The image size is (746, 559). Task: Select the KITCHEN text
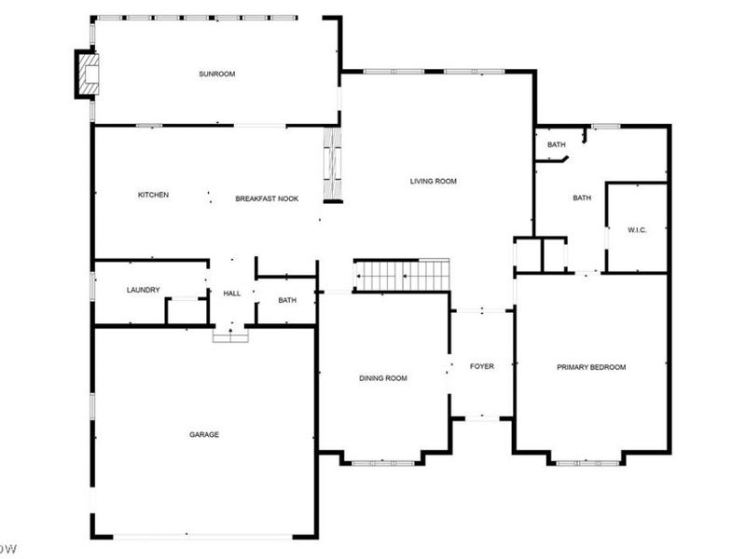pyautogui.click(x=153, y=195)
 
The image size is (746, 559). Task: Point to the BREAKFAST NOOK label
pyautogui.click(x=267, y=198)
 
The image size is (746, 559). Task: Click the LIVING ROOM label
pyautogui.click(x=434, y=181)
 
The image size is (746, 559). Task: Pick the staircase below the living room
pyautogui.click(x=402, y=276)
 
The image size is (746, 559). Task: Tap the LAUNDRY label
pyautogui.click(x=144, y=290)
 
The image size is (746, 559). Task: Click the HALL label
pyautogui.click(x=231, y=293)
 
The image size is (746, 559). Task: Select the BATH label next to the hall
pyautogui.click(x=286, y=300)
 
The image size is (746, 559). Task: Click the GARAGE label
pyautogui.click(x=204, y=434)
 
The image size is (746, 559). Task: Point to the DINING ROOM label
pyautogui.click(x=384, y=378)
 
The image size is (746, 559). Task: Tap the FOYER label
pyautogui.click(x=481, y=366)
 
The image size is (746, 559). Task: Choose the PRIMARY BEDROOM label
pyautogui.click(x=591, y=367)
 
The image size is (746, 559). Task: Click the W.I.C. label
pyautogui.click(x=637, y=229)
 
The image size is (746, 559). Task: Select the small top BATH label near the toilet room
pyautogui.click(x=556, y=144)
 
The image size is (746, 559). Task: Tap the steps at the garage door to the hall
pyautogui.click(x=230, y=334)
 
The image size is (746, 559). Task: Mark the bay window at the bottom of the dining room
pyautogui.click(x=383, y=460)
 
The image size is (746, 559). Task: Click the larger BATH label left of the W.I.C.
pyautogui.click(x=582, y=198)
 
